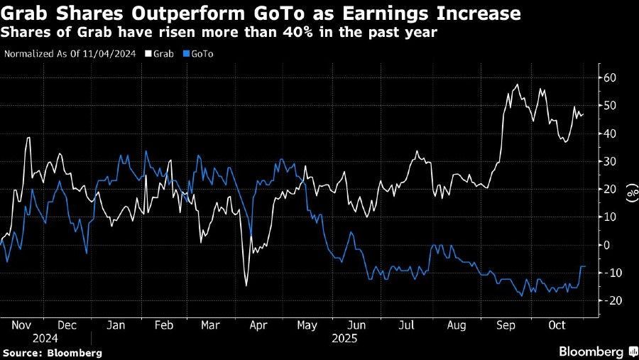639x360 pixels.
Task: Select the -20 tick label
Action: pyautogui.click(x=608, y=300)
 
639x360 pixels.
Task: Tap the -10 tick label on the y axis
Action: pyautogui.click(x=608, y=273)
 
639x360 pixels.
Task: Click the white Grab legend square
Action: pyautogui.click(x=148, y=53)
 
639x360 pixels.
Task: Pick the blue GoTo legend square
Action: pyautogui.click(x=186, y=53)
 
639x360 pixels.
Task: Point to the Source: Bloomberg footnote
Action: pyautogui.click(x=53, y=352)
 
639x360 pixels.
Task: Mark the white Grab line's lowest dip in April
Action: pyautogui.click(x=246, y=285)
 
